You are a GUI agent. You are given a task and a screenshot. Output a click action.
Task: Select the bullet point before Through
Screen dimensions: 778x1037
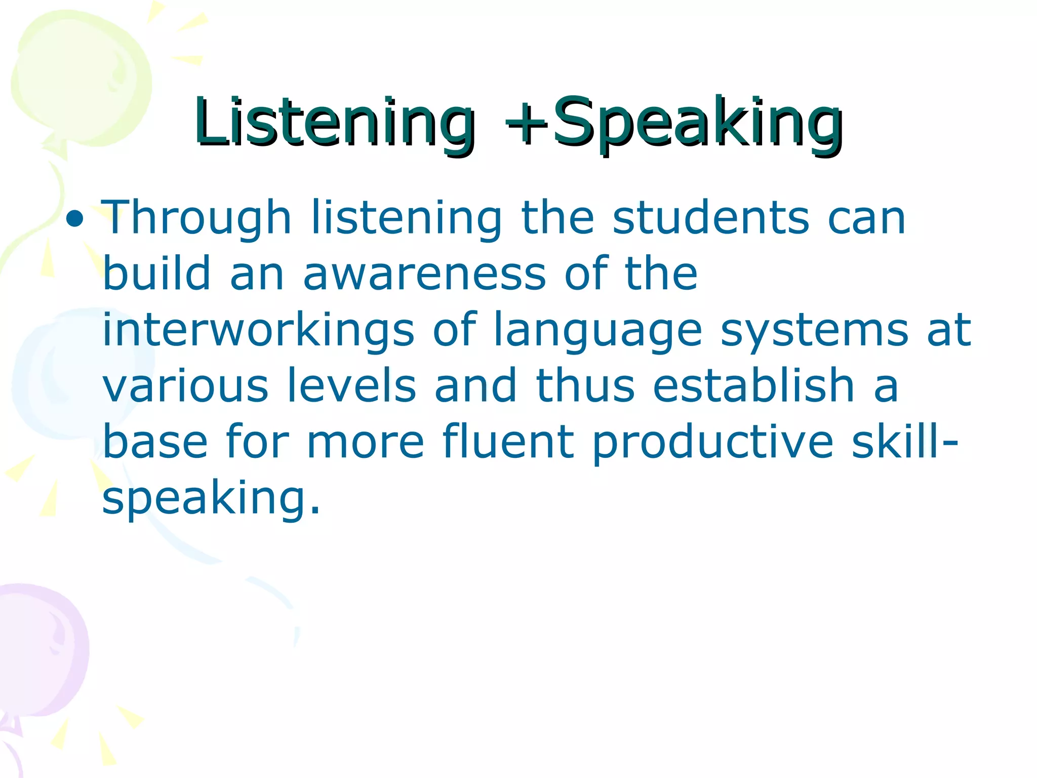pyautogui.click(x=75, y=219)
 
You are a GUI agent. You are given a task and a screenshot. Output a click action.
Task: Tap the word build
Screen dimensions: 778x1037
pyautogui.click(x=156, y=274)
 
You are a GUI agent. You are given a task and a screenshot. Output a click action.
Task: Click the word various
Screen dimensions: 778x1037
pyautogui.click(x=185, y=386)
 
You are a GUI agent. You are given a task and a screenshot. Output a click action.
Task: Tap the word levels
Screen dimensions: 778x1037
pyautogui.click(x=351, y=386)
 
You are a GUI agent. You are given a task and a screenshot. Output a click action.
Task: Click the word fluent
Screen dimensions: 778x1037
pyautogui.click(x=508, y=442)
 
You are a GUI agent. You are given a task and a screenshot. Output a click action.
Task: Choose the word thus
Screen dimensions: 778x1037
pyautogui.click(x=585, y=386)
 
